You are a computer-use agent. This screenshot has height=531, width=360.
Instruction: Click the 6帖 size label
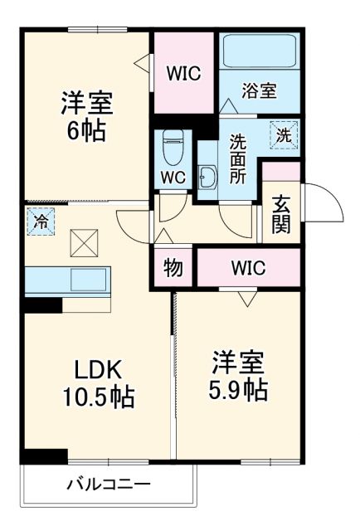pyautogui.click(x=85, y=131)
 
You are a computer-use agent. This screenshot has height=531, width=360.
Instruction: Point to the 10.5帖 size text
pyautogui.click(x=99, y=397)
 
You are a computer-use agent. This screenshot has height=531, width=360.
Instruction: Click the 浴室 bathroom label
pyautogui.click(x=259, y=91)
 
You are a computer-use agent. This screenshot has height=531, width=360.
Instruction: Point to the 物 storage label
pyautogui.click(x=173, y=268)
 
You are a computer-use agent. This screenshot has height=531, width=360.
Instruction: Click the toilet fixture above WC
pyautogui.click(x=173, y=147)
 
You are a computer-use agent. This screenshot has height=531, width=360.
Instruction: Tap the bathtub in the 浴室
pyautogui.click(x=258, y=53)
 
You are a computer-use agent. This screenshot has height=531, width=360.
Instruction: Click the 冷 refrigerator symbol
pyautogui.click(x=41, y=221)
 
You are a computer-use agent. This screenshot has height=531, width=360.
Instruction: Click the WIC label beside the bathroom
pyautogui.click(x=183, y=73)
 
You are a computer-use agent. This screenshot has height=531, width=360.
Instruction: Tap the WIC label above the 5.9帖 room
pyautogui.click(x=247, y=268)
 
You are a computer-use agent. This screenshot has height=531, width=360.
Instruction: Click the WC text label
pyautogui.click(x=173, y=177)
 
